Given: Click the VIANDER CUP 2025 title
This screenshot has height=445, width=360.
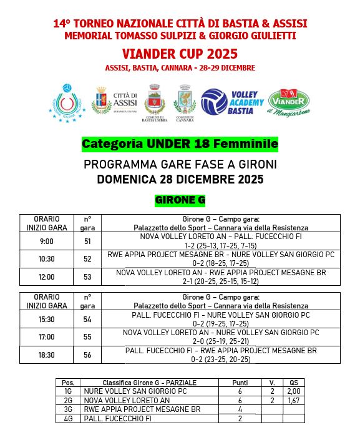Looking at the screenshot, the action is (x=180, y=54).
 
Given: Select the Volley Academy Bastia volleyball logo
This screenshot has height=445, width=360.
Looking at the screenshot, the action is (x=233, y=102).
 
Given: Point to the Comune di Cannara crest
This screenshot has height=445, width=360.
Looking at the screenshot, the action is (x=185, y=103).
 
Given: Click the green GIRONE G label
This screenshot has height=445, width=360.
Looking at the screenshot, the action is (x=180, y=200).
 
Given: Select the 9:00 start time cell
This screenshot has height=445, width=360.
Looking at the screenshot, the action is (x=47, y=242).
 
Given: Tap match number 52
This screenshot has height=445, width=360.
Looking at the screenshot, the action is (x=87, y=259).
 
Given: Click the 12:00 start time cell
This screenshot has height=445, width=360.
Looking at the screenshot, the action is (x=47, y=276).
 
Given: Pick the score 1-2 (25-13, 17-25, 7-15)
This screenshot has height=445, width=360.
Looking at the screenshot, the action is (x=221, y=245).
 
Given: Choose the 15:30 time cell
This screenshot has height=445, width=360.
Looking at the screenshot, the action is (x=47, y=320).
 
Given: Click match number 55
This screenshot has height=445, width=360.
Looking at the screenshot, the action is (x=87, y=337).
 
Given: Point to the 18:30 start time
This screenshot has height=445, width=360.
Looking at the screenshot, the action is (x=47, y=355).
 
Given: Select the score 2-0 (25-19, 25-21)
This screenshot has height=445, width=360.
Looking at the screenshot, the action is (x=221, y=341).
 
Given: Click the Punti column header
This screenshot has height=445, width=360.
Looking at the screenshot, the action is (x=240, y=383).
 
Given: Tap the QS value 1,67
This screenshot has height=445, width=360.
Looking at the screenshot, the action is (x=294, y=401).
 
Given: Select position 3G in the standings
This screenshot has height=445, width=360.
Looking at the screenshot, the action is (x=68, y=409).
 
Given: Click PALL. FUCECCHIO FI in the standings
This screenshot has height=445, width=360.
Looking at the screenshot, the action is (x=118, y=418).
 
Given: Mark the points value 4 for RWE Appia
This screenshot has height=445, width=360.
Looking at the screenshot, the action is (x=240, y=409).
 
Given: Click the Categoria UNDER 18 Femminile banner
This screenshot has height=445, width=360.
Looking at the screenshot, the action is (x=180, y=144).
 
